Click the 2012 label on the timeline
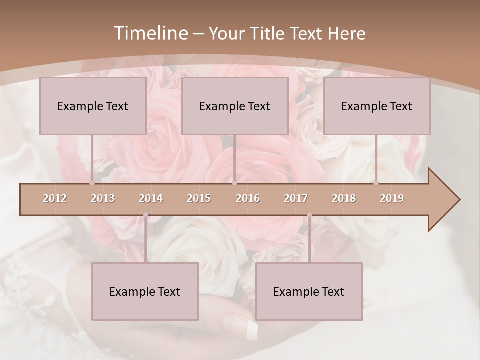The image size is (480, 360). [x=55, y=198]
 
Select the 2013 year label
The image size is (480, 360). [x=103, y=198]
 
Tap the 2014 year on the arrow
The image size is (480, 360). [x=151, y=198]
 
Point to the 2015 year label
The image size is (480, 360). [x=199, y=198]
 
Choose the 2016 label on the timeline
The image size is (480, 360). [x=248, y=198]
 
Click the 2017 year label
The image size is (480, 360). [x=296, y=198]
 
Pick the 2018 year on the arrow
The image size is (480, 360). [x=344, y=198]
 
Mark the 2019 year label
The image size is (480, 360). [x=392, y=198]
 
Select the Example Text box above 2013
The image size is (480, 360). [x=93, y=106]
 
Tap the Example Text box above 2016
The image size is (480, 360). [x=235, y=106]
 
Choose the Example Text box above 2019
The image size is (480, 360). [x=377, y=106]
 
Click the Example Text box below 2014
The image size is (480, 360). [x=145, y=291]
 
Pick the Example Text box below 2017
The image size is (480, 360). [x=309, y=291]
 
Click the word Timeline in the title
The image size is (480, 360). [x=150, y=33]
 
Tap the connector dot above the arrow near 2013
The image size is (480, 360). [x=92, y=183]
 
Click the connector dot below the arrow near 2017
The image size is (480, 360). [x=309, y=215]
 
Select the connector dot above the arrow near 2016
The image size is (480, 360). [x=234, y=183]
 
